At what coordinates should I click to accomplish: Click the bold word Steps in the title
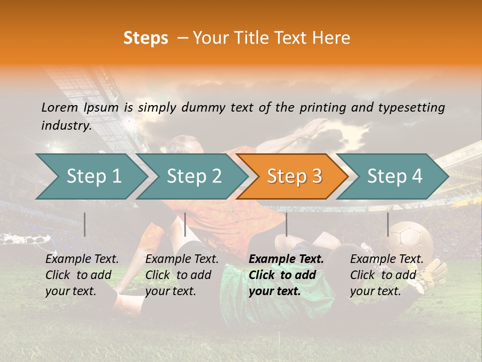tap(146, 38)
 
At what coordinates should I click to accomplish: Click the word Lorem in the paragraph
tap(59, 107)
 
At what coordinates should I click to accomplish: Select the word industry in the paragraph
tap(65, 126)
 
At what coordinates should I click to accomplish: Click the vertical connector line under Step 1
tap(85, 224)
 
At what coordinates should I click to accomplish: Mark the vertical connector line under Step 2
tap(185, 224)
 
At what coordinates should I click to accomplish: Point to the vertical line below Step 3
tap(286, 224)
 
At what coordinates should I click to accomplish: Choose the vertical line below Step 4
tap(388, 224)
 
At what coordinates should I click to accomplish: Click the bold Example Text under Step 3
tap(286, 259)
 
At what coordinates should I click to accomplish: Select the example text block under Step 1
tap(82, 275)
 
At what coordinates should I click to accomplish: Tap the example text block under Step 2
tap(182, 275)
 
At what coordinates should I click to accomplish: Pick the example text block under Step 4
tap(387, 275)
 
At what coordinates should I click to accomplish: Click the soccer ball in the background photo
tap(409, 241)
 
